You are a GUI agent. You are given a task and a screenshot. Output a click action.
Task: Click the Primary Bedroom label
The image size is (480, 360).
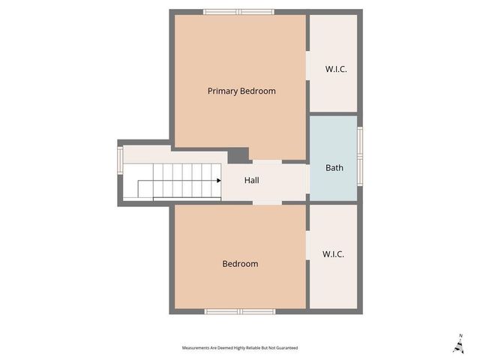(x=241, y=91)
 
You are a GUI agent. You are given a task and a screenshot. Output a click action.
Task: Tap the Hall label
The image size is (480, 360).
(x=253, y=181)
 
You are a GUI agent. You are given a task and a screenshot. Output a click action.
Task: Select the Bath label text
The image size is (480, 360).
(x=334, y=167)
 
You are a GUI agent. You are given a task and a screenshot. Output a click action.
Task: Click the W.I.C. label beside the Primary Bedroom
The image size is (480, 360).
(x=336, y=70)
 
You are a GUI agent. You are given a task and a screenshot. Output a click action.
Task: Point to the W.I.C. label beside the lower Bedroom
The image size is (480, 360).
(x=333, y=254)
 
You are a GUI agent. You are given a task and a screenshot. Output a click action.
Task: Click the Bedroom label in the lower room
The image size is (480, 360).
(x=240, y=264)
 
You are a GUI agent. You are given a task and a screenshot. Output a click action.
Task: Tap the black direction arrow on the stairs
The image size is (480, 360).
(x=217, y=181)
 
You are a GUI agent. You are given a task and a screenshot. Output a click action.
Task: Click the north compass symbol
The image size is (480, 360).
(x=458, y=344)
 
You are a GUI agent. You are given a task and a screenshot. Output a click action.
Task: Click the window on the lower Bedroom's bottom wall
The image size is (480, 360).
(x=241, y=311)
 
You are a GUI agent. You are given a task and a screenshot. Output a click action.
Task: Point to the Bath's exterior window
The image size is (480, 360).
(x=360, y=156)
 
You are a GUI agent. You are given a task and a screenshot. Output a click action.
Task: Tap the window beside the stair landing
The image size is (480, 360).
(x=120, y=159)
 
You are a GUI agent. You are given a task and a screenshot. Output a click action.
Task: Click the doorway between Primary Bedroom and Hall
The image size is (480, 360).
(x=266, y=161)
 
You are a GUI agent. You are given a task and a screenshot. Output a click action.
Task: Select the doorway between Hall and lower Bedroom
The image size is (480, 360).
(x=266, y=202)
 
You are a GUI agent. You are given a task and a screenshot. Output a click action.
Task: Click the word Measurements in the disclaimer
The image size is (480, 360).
(x=196, y=348)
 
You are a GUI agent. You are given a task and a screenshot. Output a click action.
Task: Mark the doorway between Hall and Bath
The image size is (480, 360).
(x=308, y=181)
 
